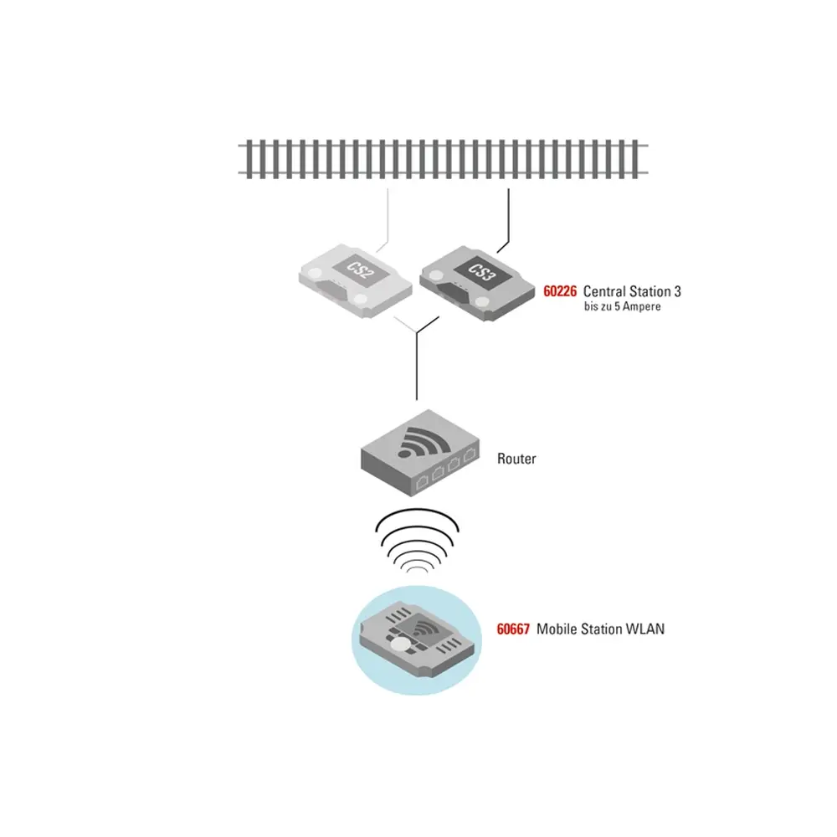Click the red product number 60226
pyautogui.click(x=561, y=292)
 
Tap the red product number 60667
pyautogui.click(x=513, y=629)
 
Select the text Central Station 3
pyautogui.click(x=632, y=292)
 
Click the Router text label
pyautogui.click(x=516, y=459)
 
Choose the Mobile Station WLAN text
pyautogui.click(x=600, y=629)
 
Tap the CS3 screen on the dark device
pyautogui.click(x=475, y=270)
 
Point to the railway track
pyautogui.click(x=444, y=159)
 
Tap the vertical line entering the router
pyautogui.click(x=416, y=368)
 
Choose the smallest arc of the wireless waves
pyautogui.click(x=416, y=571)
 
